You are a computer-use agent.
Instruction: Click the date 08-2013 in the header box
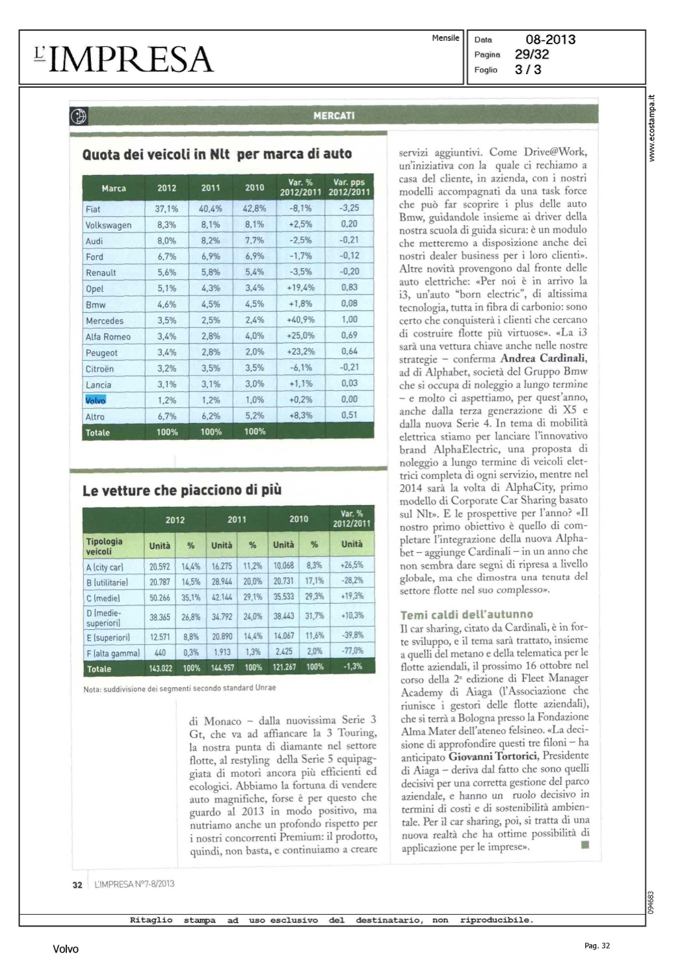[550, 40]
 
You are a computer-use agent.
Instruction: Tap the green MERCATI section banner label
[334, 116]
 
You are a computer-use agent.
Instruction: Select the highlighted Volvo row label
[95, 400]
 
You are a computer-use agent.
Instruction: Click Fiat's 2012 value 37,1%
[166, 209]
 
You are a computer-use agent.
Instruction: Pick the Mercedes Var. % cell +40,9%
[300, 320]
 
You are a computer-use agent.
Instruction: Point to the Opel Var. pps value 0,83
[349, 288]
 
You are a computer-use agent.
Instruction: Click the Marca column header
[114, 188]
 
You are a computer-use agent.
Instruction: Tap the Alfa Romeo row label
[108, 336]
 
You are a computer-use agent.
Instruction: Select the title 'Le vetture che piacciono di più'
[182, 490]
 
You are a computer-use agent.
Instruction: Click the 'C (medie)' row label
[103, 598]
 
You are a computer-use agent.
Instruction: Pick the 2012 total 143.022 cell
[160, 668]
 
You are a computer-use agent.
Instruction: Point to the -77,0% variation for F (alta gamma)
[352, 651]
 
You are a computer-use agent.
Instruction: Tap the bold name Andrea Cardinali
[544, 359]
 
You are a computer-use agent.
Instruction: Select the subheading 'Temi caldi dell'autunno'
[466, 614]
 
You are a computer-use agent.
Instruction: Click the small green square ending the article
[584, 845]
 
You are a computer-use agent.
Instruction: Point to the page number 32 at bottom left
[77, 884]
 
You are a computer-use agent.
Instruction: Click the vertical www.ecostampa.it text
[652, 128]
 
